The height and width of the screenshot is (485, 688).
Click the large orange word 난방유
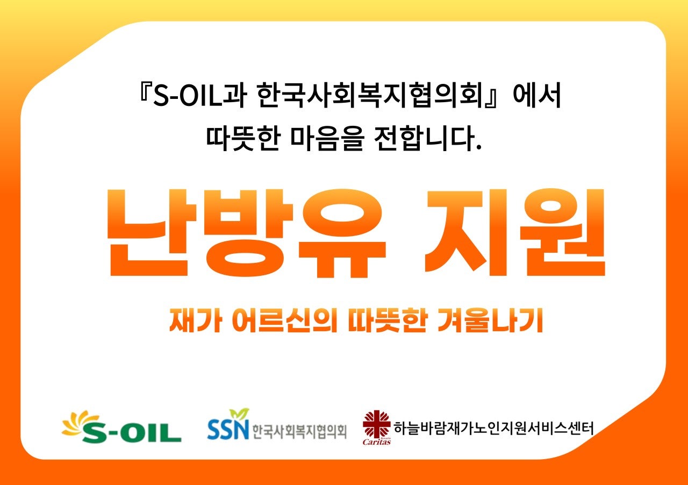point(245,233)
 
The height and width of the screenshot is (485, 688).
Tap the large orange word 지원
point(514,233)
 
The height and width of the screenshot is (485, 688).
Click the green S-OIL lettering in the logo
point(131,432)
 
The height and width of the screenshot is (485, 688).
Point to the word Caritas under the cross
point(376,442)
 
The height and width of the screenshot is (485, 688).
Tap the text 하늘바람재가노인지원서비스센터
point(493,429)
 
